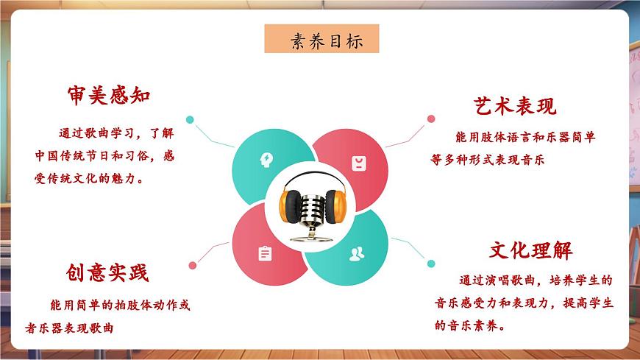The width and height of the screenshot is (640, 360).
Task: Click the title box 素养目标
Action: pyautogui.click(x=321, y=40)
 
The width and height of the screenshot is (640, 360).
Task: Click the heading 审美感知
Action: pyautogui.click(x=108, y=96)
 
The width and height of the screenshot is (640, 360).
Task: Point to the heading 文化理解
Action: pyautogui.click(x=531, y=250)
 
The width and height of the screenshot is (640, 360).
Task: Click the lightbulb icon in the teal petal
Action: pyautogui.click(x=266, y=158)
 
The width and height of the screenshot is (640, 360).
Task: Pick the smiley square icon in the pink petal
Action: pyautogui.click(x=358, y=163)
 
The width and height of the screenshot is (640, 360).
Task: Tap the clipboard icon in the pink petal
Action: pyautogui.click(x=265, y=253)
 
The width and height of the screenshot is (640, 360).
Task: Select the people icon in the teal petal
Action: pyautogui.click(x=357, y=254)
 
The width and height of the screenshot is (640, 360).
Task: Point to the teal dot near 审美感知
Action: pyautogui.click(x=190, y=119)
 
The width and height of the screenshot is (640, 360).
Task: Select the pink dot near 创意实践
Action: pyautogui.click(x=193, y=265)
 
